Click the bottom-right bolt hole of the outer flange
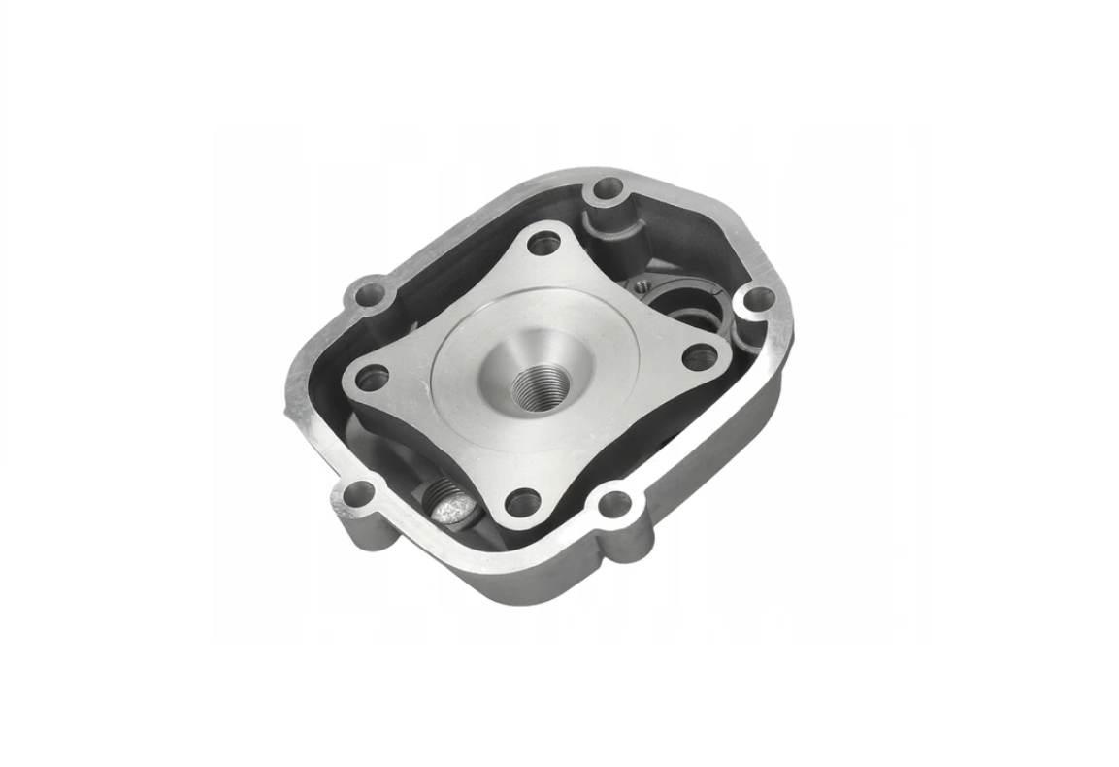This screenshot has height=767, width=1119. click(614, 504)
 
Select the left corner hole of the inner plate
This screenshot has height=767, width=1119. click(372, 377)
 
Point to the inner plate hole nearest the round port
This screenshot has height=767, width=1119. click(700, 357)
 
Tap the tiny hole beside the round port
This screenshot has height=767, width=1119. click(641, 284)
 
